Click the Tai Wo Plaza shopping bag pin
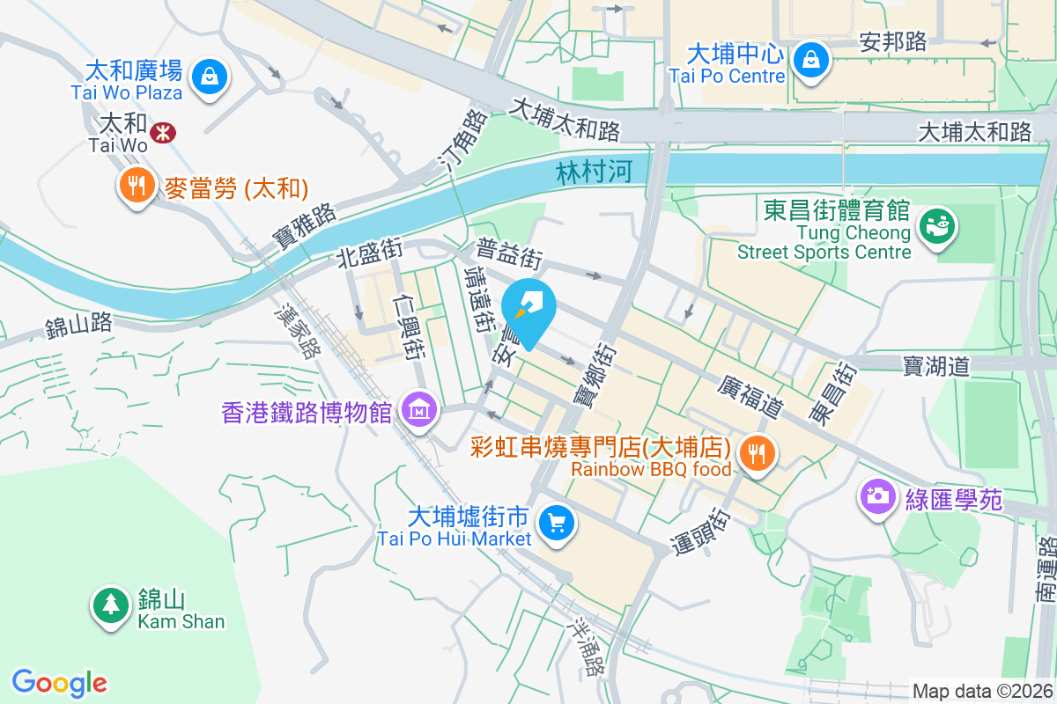coord(211,76)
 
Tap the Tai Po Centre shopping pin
coord(808,60)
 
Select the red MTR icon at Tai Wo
coord(162,133)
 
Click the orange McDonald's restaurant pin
coord(135,186)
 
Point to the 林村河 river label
coord(595,172)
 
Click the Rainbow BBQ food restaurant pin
coord(755,454)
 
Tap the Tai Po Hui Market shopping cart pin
coord(557,524)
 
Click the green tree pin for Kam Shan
coord(109,605)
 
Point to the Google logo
coord(60,682)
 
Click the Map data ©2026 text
coord(981,692)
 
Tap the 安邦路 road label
coord(893,41)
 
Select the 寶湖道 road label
coord(935,365)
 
